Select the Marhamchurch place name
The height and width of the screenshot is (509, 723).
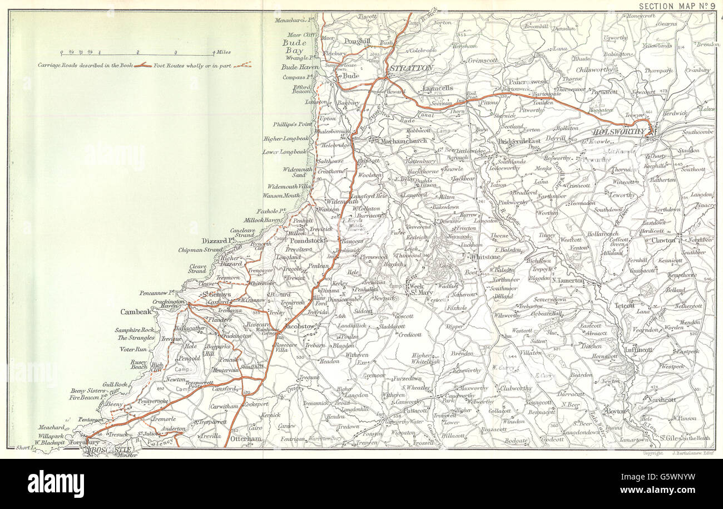[404, 141]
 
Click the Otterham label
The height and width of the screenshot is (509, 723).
[247, 439]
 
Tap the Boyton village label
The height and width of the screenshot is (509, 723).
[615, 411]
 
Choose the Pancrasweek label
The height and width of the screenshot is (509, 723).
[528, 81]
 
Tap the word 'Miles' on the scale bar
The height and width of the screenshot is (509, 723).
[224, 52]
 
